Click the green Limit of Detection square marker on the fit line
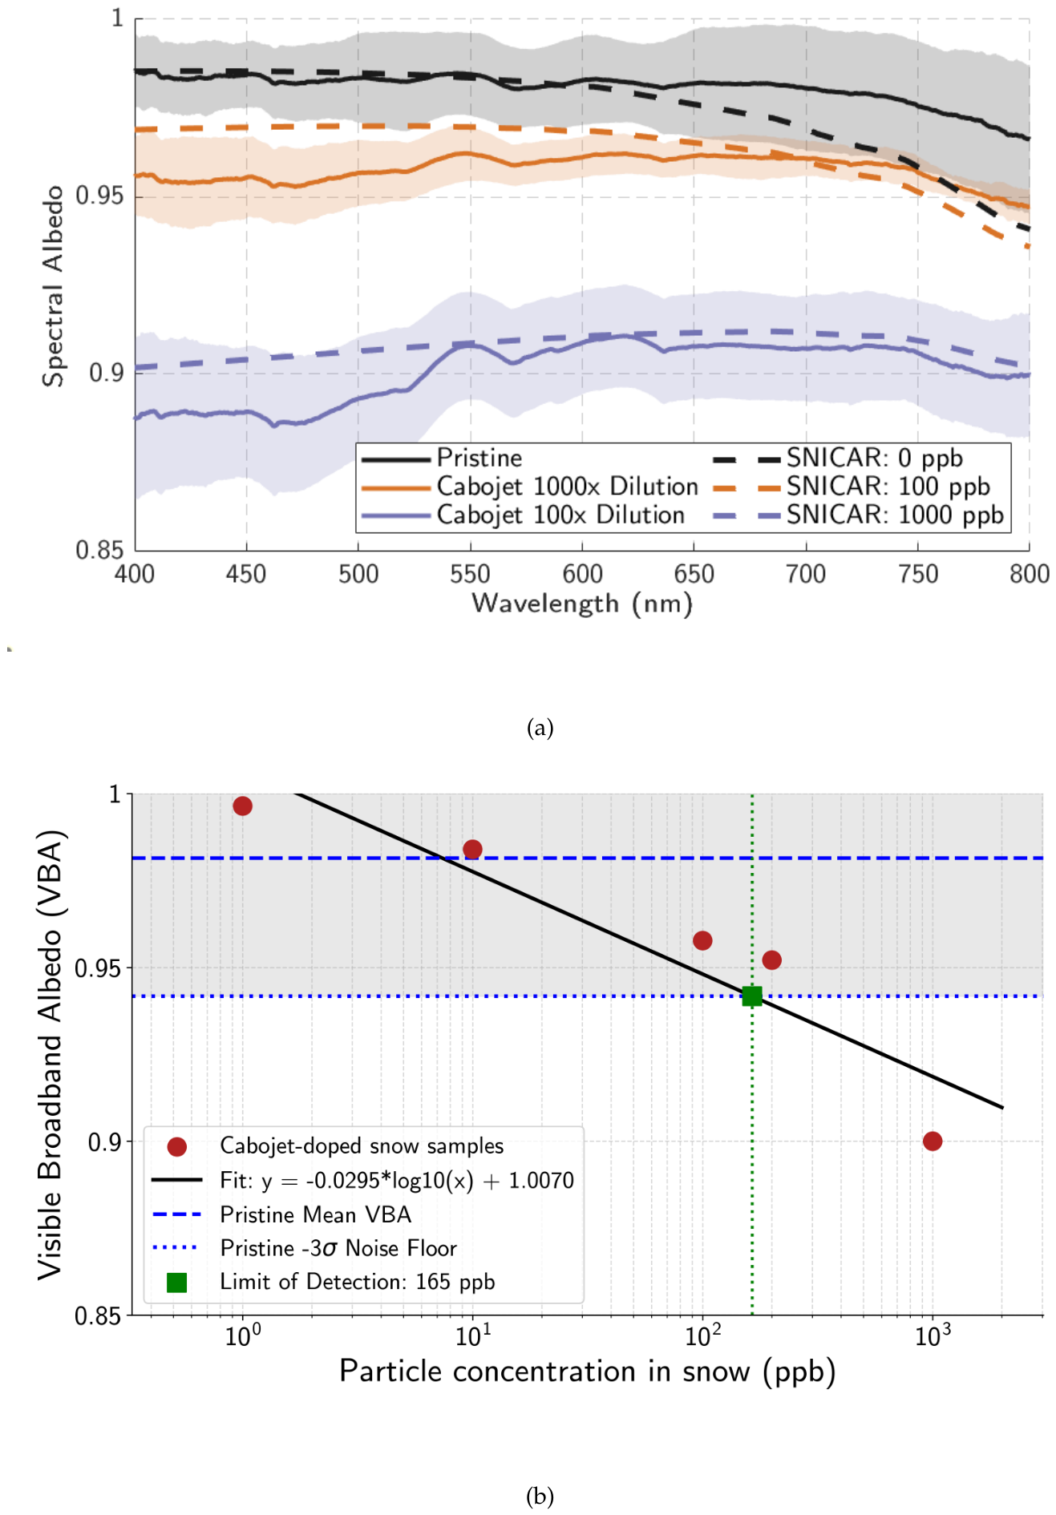pyautogui.click(x=751, y=996)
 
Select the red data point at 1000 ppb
pyautogui.click(x=932, y=1141)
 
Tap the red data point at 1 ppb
pyautogui.click(x=242, y=806)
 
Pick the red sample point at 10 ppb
pyautogui.click(x=472, y=849)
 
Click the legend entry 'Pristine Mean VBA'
pyautogui.click(x=316, y=1214)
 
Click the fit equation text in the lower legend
pyautogui.click(x=397, y=1180)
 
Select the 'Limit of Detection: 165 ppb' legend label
pyautogui.click(x=358, y=1282)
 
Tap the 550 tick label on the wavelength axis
pyautogui.click(x=470, y=574)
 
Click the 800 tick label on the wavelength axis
pyautogui.click(x=1030, y=574)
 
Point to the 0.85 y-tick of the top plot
pyautogui.click(x=99, y=550)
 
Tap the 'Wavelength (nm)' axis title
pyautogui.click(x=582, y=604)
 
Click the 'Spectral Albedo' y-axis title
pyautogui.click(x=53, y=286)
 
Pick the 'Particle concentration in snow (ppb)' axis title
pyautogui.click(x=588, y=1372)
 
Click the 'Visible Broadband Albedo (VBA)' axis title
pyautogui.click(x=50, y=1054)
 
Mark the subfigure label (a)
pyautogui.click(x=540, y=728)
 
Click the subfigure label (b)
pyautogui.click(x=540, y=1496)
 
